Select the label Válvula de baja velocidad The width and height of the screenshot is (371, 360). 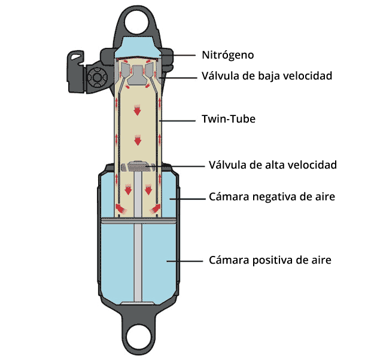(x=266, y=76)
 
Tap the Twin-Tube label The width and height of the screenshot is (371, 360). (x=228, y=120)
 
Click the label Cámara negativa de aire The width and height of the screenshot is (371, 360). (x=271, y=197)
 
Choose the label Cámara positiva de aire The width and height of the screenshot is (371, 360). (x=270, y=260)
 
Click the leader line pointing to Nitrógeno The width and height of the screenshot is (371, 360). (x=180, y=55)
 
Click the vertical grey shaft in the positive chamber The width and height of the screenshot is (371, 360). (x=139, y=263)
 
